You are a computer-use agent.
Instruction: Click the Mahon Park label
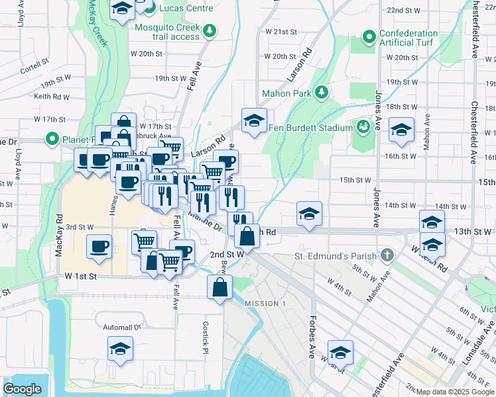tap(286, 93)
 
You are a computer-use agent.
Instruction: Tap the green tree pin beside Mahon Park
tap(322, 91)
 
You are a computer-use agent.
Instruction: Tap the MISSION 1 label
tap(265, 303)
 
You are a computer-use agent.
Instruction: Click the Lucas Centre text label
tap(188, 8)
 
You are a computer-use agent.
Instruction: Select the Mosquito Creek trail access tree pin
tap(210, 30)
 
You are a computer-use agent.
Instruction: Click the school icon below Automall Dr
tap(121, 348)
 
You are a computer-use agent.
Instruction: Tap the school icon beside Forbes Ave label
tap(341, 352)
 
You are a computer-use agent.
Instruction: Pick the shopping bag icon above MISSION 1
tap(219, 287)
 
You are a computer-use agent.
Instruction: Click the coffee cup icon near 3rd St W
tap(99, 246)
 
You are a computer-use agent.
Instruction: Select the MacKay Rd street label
tap(59, 235)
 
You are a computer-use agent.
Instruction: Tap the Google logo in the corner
tap(23, 389)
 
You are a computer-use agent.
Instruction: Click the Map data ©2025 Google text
tap(454, 392)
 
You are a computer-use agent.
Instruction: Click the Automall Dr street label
tap(122, 327)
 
